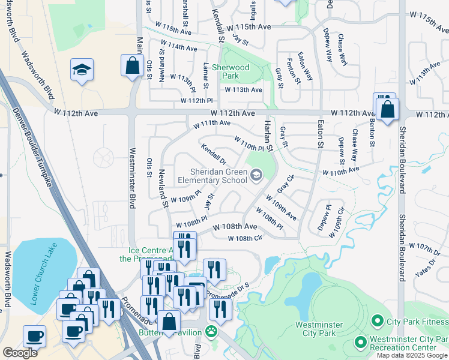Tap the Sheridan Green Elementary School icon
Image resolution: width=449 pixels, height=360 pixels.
[256, 175]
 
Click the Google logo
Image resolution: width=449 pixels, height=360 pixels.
[20, 352]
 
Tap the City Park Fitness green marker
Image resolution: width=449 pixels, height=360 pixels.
[378, 322]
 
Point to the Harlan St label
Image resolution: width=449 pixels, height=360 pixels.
[269, 135]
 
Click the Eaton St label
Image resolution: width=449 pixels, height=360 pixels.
[320, 133]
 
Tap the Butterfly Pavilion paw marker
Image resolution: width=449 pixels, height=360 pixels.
[211, 331]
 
